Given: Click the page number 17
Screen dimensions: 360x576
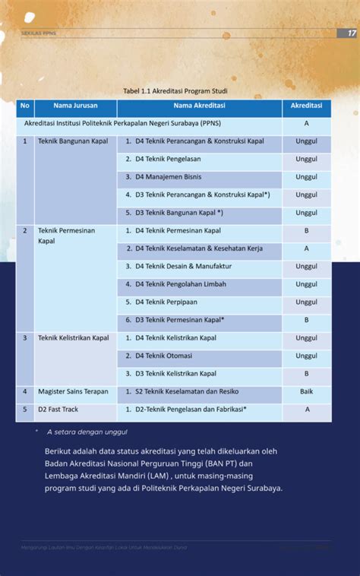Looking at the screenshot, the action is tap(352, 33).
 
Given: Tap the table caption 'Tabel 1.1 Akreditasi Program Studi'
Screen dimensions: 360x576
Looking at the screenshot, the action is tap(175, 91).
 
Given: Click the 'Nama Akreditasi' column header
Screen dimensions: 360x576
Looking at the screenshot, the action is tap(199, 106).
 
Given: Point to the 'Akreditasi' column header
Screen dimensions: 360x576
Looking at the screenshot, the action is tap(306, 106).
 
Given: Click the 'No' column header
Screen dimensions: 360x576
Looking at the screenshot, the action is tap(25, 106).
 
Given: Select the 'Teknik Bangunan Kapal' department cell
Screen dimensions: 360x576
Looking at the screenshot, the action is tap(73, 141).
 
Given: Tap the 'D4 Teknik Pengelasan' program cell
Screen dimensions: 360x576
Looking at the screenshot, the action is tap(168, 159).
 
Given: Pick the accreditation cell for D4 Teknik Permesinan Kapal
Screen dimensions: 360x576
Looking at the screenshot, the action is tap(306, 230).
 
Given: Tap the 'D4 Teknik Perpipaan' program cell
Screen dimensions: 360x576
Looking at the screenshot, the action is tap(166, 302).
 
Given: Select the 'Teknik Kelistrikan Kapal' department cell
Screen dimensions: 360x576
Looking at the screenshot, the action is tap(74, 337).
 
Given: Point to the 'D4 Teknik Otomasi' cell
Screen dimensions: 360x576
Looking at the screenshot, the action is tap(163, 356).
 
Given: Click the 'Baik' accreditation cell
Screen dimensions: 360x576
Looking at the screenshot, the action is tap(306, 391).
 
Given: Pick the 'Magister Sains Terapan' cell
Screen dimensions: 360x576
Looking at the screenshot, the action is tap(73, 391).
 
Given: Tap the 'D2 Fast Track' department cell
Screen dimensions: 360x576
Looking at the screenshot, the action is tap(58, 410).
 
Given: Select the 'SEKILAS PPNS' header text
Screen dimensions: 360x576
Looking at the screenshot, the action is tap(38, 33).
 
